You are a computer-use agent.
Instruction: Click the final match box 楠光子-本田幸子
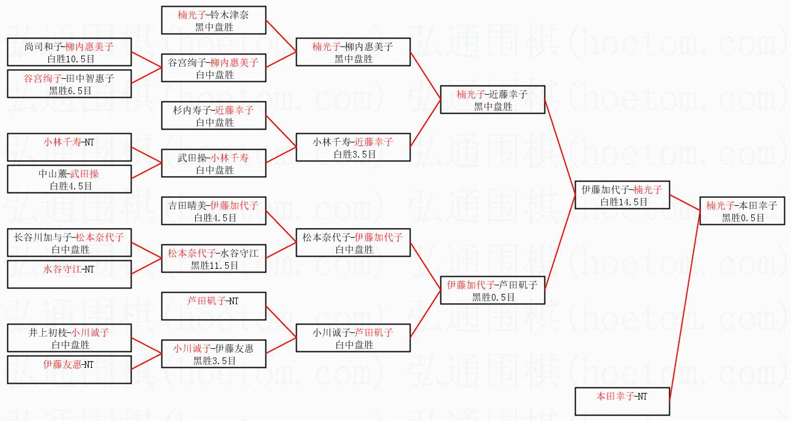point(741,211)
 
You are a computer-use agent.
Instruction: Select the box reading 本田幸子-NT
point(622,401)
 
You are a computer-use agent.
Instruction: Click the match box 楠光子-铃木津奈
point(214,20)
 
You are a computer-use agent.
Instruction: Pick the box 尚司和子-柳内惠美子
point(69,52)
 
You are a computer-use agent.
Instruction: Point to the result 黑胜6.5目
point(70,90)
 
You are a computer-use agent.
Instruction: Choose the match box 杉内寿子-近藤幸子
point(214,115)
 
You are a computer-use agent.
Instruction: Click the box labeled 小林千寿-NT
point(69,147)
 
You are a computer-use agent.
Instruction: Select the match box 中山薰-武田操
point(69,179)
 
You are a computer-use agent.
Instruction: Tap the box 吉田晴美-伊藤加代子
point(214,211)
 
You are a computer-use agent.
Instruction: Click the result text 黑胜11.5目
point(214,265)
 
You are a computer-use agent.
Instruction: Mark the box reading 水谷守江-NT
point(69,274)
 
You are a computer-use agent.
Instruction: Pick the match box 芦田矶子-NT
point(214,306)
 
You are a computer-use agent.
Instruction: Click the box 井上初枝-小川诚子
point(69,338)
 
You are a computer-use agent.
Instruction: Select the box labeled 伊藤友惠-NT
point(69,370)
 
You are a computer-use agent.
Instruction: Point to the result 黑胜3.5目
point(214,361)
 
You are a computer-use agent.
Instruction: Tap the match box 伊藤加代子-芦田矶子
point(492,290)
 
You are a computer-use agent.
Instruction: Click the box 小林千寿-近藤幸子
point(352,147)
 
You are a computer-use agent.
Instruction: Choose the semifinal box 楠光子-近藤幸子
point(492,100)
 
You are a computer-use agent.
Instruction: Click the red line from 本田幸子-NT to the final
point(685,306)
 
